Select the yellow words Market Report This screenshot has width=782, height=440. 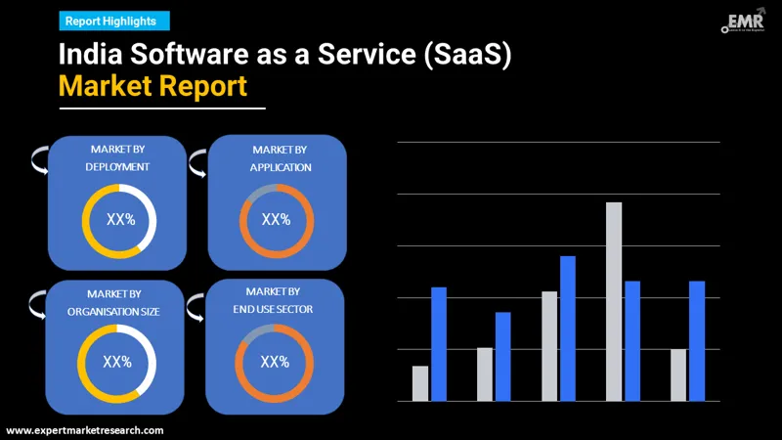click(x=152, y=86)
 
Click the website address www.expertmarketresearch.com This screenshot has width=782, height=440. click(x=85, y=430)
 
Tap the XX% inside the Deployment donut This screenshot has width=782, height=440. click(x=120, y=220)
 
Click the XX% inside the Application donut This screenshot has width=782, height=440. click(x=276, y=219)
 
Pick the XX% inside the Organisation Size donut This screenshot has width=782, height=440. click(x=117, y=362)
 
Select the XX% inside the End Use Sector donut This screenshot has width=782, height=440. click(x=275, y=362)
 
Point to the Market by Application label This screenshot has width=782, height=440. click(x=280, y=157)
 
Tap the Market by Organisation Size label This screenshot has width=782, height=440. click(x=114, y=302)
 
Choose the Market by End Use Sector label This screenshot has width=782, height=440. click(x=274, y=300)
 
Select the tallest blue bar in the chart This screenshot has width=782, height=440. click(x=567, y=328)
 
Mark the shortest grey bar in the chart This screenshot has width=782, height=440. click(x=420, y=383)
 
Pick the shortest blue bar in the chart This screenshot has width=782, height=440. click(x=502, y=356)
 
